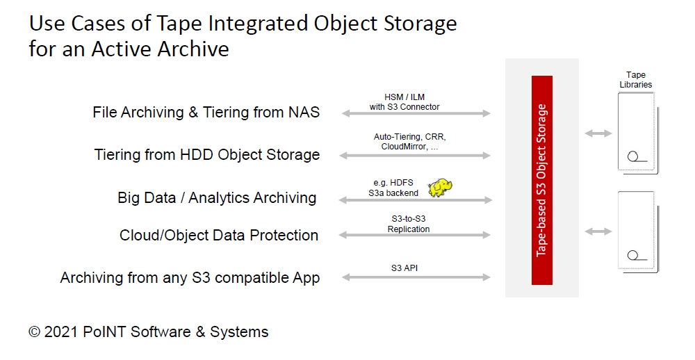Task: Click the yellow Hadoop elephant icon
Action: click(440, 188)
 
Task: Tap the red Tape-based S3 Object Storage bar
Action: click(541, 180)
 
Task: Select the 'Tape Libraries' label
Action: click(636, 80)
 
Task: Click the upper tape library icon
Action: click(638, 133)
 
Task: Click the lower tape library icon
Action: click(638, 231)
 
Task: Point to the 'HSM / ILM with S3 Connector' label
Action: click(404, 102)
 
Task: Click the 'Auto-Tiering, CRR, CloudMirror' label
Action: click(409, 142)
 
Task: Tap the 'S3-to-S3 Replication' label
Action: click(408, 224)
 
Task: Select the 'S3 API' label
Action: click(404, 268)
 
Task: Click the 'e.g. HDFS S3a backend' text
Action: click(393, 188)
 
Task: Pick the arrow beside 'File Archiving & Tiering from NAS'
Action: click(416, 113)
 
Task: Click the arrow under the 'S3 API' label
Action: click(416, 277)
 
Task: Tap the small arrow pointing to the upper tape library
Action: click(598, 133)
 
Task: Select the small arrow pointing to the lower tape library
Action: click(598, 231)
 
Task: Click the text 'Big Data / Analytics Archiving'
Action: click(217, 198)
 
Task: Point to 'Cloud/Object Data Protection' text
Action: click(219, 235)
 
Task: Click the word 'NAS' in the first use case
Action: click(304, 112)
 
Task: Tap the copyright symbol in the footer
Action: click(34, 332)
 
